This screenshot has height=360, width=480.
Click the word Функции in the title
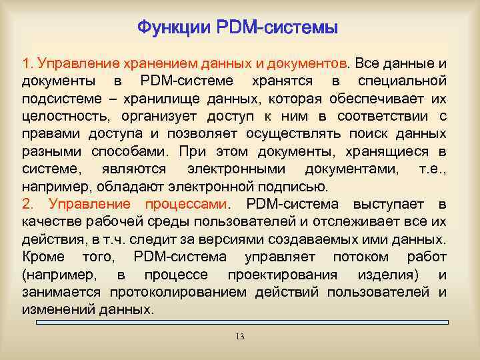(x=174, y=28)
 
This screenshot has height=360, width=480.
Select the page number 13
(x=240, y=337)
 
